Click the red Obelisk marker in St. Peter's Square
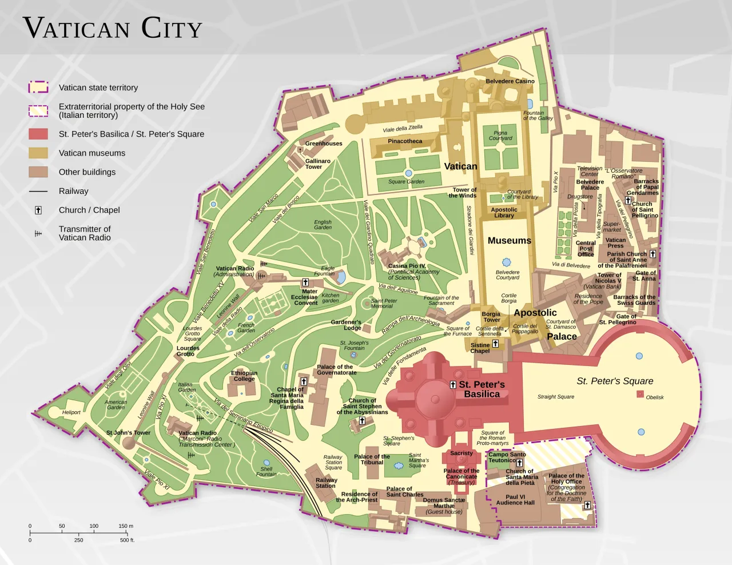(x=640, y=394)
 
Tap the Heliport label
(x=71, y=412)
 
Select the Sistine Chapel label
(x=480, y=348)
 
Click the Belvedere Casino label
(x=510, y=81)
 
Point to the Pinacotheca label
(x=405, y=141)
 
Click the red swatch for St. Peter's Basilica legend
(x=38, y=134)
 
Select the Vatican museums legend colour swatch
(x=38, y=153)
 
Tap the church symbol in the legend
(x=38, y=210)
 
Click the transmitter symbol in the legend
(x=38, y=233)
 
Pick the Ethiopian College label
(x=244, y=376)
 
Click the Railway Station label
(x=326, y=483)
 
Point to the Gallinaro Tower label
(x=317, y=164)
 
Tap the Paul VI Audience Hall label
(x=515, y=500)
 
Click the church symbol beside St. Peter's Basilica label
(x=453, y=385)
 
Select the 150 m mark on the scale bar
(x=126, y=526)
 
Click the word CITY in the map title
(x=172, y=29)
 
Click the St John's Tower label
(x=128, y=433)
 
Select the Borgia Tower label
(x=491, y=317)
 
